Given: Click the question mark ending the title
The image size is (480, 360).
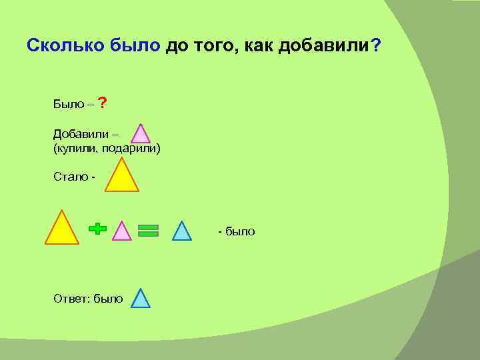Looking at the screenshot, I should (x=376, y=45).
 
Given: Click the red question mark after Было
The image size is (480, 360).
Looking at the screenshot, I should (x=102, y=103).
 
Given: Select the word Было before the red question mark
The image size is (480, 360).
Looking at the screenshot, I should (x=68, y=105).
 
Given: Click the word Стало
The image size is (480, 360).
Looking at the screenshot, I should (x=71, y=177).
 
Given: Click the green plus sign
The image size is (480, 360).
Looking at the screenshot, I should (x=97, y=229).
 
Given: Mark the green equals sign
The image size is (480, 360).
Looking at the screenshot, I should (x=148, y=230).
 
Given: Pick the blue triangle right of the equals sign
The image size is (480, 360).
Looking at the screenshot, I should (x=182, y=231).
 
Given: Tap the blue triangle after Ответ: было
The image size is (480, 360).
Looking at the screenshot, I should (x=140, y=299).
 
